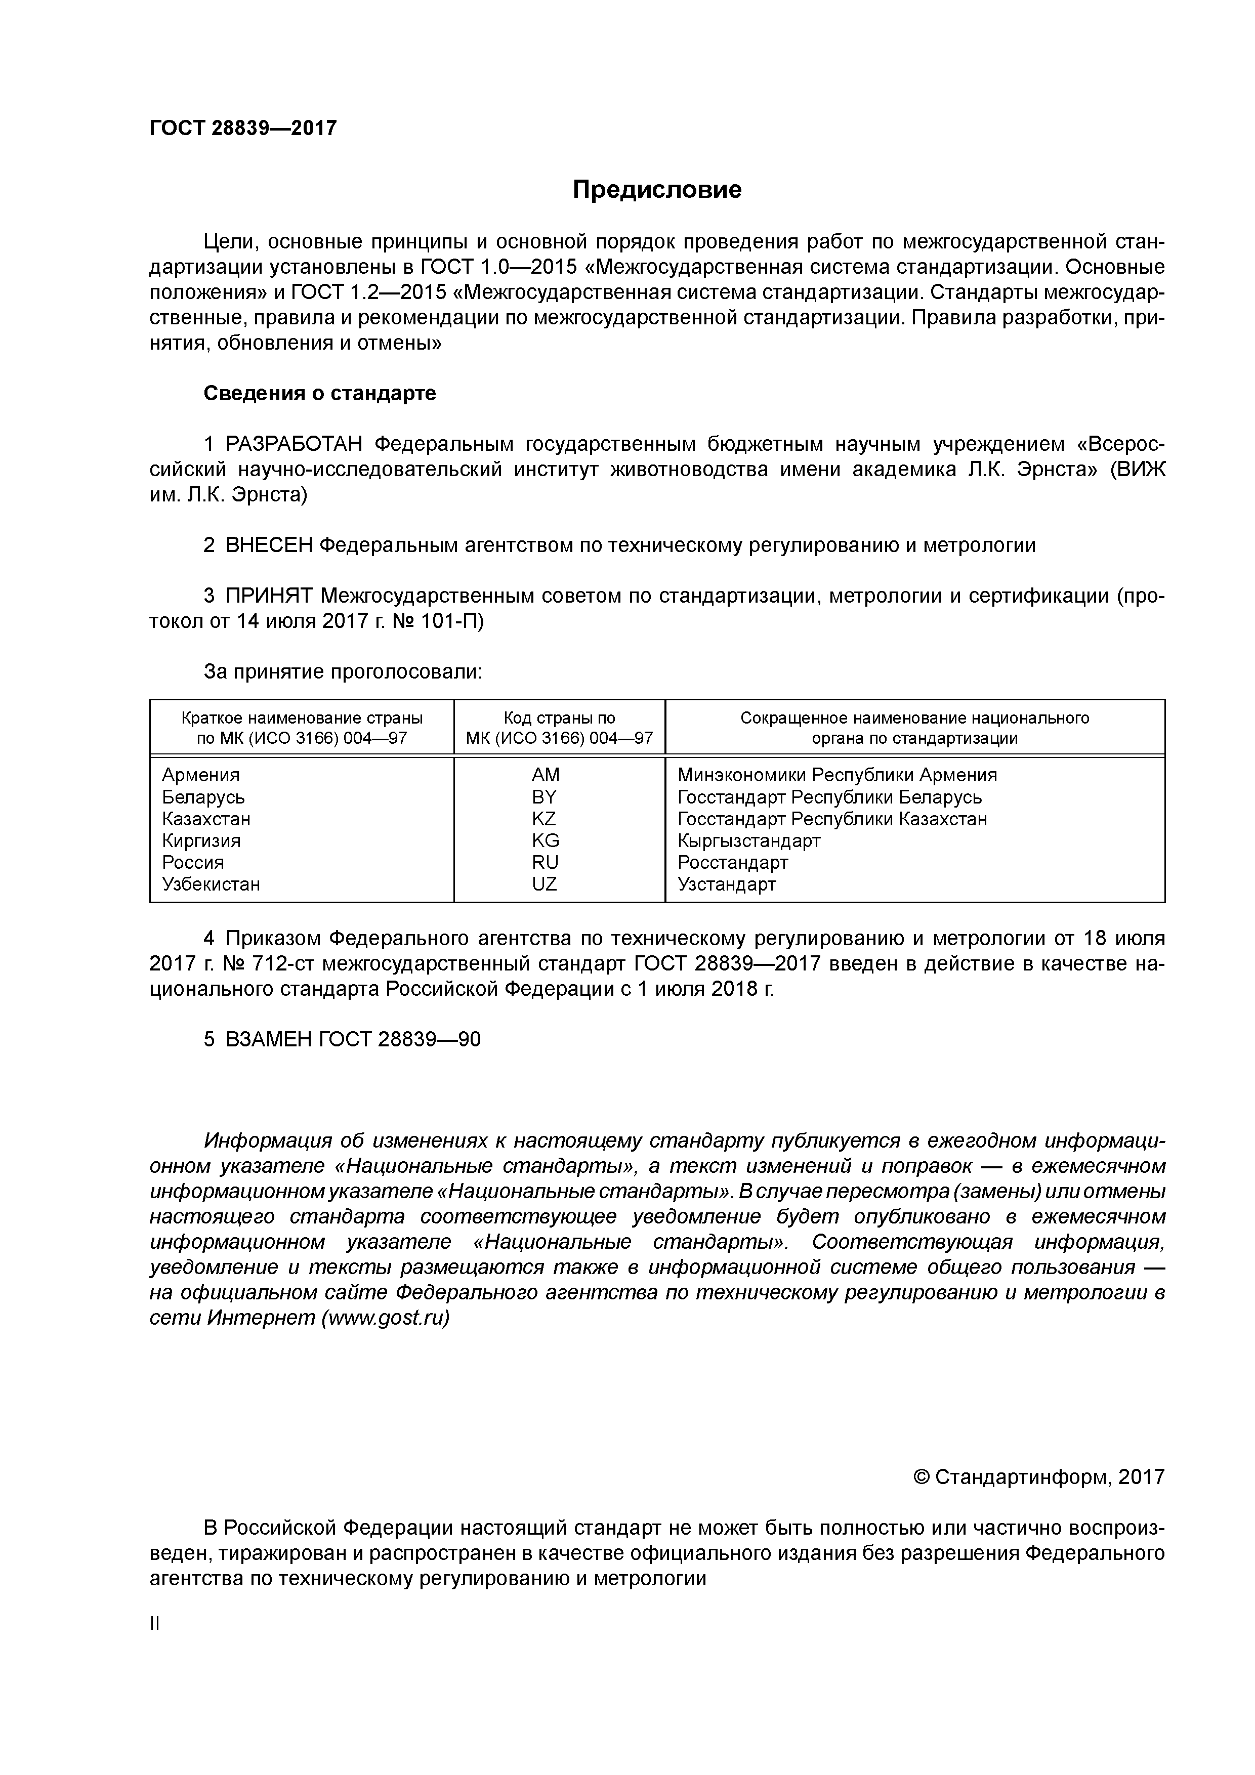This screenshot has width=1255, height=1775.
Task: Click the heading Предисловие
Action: (656, 189)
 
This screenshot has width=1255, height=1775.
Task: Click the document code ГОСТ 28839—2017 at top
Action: (243, 128)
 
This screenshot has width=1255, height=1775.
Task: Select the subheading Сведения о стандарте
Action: (319, 394)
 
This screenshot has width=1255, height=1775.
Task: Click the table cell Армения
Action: (201, 775)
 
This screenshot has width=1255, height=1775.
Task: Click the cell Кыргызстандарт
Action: (748, 840)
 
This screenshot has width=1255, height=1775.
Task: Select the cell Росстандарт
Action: (732, 862)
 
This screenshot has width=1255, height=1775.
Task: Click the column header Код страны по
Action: (559, 717)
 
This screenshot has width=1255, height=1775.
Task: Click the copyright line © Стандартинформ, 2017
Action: (1038, 1477)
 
